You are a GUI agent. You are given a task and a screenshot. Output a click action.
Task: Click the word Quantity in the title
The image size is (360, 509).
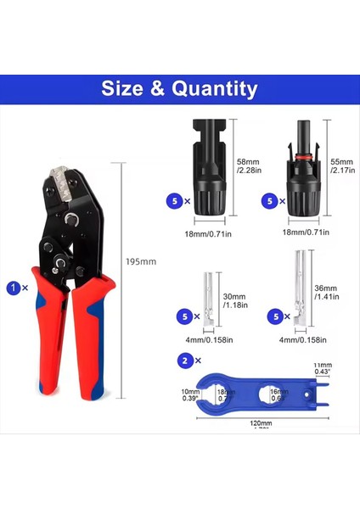point(217,88)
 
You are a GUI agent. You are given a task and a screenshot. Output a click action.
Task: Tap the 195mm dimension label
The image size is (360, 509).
point(142,261)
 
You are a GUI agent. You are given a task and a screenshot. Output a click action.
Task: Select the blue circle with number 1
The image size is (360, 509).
point(14,288)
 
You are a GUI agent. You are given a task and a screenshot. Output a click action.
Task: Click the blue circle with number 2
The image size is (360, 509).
point(185,361)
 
